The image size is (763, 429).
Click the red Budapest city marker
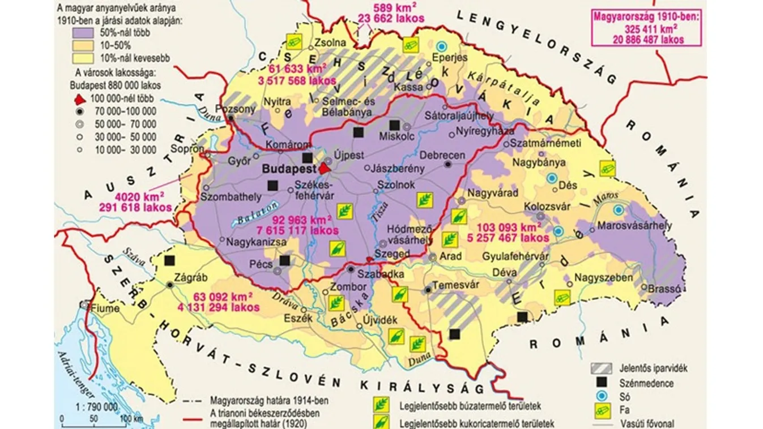[324, 168]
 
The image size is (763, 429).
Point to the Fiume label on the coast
[106, 308]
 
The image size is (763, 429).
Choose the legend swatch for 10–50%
[86, 45]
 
